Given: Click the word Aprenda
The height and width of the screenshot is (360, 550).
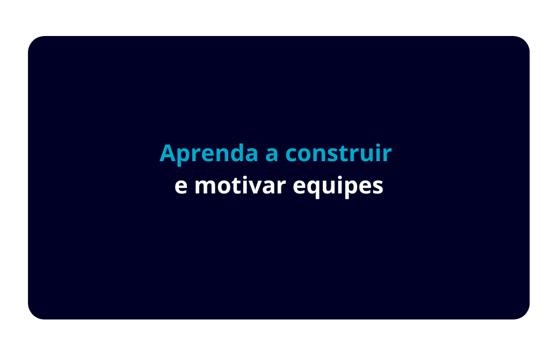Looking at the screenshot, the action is pos(209,153).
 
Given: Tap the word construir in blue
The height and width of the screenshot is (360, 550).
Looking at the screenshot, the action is pos(338,153).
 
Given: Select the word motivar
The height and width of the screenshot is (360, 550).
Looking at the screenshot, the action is pos(240,185).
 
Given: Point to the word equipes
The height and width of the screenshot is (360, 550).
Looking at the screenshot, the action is pos(338,186).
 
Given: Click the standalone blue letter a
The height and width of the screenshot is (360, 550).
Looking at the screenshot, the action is pos(272,155).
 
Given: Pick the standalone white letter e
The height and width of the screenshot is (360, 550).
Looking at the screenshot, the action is pos(181,188).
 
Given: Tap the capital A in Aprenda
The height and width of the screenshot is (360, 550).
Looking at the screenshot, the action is pos(168,153).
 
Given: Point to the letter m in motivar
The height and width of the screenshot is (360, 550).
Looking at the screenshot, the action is pos(206,188).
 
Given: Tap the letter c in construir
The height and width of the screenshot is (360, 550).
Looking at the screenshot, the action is pos(292,155).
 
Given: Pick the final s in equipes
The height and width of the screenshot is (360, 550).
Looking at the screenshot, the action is pos(378,188).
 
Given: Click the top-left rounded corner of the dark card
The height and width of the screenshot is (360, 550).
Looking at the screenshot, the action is pos(33,41).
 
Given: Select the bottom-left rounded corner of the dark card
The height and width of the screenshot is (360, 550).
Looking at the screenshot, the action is pos(33,314).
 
